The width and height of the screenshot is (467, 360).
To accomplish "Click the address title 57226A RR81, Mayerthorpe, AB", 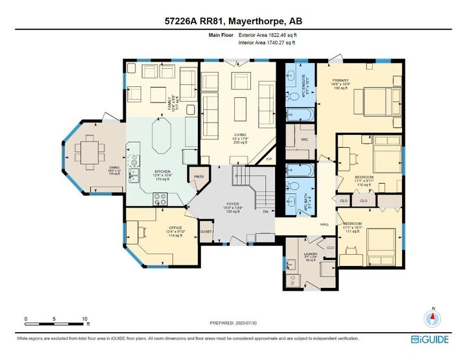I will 233,21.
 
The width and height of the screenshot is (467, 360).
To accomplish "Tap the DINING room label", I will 114,168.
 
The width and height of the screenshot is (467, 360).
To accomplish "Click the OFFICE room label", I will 158,228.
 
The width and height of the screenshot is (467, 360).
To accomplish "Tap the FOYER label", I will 232,204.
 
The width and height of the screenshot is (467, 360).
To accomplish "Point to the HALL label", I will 325,224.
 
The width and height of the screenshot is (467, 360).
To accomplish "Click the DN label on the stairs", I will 265,211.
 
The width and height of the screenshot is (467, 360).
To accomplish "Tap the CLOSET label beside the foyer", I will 206,231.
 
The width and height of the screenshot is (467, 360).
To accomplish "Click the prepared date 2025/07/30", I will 233,322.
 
